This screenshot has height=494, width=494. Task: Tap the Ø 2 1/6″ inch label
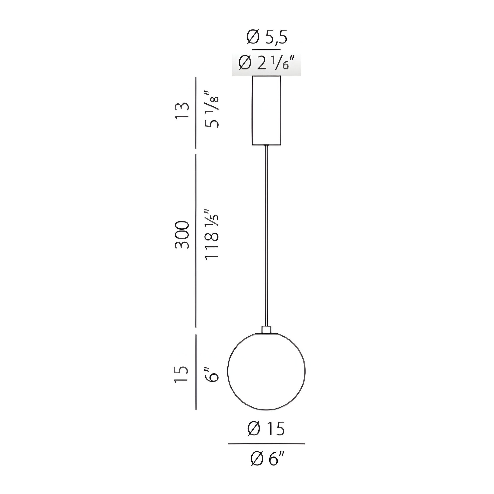(266, 63)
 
